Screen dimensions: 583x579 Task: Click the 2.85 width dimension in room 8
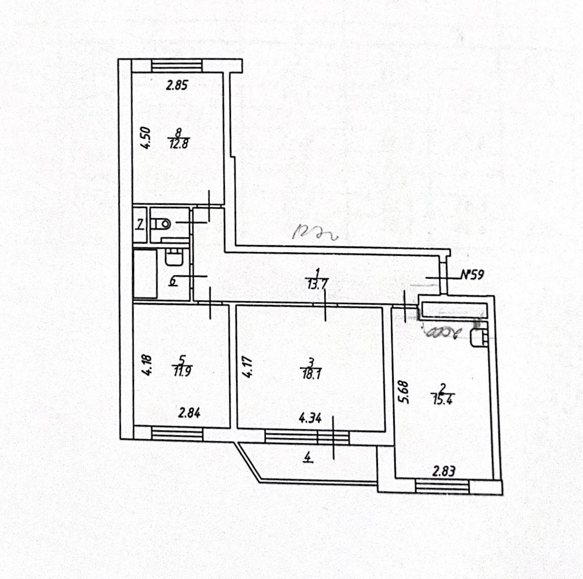(177, 85)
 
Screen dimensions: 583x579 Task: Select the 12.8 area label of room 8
(179, 143)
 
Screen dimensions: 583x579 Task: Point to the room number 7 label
(139, 224)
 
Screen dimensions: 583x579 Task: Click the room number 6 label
(173, 280)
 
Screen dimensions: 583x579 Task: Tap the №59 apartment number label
(472, 275)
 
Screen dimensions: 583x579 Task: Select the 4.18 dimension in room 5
(147, 365)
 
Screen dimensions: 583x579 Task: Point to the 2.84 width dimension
(189, 413)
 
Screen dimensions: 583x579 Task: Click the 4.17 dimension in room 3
(247, 366)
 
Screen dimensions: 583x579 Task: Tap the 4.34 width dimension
(310, 419)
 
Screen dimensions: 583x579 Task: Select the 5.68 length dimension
(403, 392)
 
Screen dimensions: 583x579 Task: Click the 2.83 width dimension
(443, 471)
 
